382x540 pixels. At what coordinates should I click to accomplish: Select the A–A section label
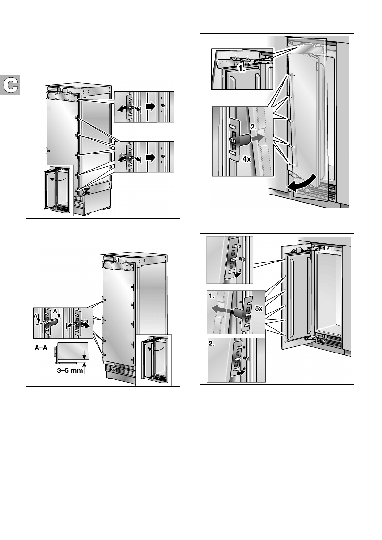pos(41,348)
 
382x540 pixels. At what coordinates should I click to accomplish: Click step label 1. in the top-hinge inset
pos(242,69)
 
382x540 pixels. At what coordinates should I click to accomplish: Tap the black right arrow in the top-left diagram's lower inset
pos(150,157)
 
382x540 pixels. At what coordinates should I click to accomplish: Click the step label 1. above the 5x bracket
pos(212,296)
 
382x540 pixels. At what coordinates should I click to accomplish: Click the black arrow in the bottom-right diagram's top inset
pos(237,274)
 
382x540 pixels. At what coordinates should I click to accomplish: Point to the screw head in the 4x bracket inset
pos(231,140)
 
